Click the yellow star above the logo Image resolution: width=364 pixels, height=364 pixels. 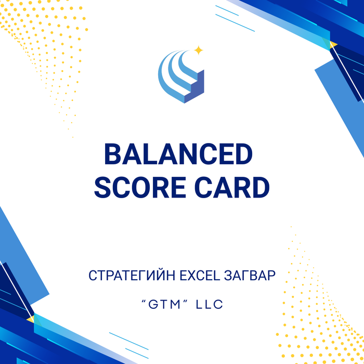pos(198,50)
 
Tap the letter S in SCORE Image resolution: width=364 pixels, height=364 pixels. pos(103,188)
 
